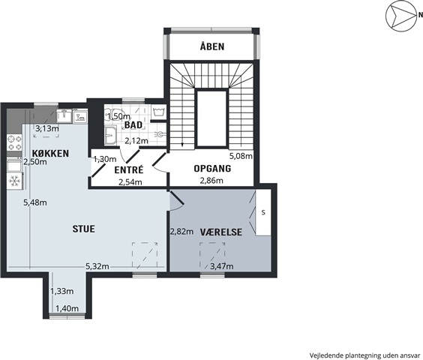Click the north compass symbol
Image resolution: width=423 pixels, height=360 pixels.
pos(401,16)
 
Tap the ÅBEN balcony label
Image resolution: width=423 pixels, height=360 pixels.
pos(212,46)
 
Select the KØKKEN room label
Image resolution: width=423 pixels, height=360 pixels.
pos(50,153)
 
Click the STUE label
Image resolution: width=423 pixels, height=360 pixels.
pos(84,229)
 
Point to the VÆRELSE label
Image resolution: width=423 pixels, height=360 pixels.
pos(221,232)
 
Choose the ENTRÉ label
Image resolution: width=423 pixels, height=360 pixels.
pos(129,169)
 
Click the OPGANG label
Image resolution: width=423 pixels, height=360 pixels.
pos(212,169)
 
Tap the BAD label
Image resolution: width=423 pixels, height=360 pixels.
pos(133,125)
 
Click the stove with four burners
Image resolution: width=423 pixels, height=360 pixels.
pos(14,142)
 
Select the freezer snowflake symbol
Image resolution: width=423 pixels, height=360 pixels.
pos(14,181)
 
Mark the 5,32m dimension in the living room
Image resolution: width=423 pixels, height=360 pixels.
pos(97,267)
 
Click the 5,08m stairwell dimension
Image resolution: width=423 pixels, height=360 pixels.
pos(241,156)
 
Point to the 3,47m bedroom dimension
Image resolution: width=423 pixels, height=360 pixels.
pos(222,267)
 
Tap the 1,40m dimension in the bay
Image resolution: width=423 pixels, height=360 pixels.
pos(67,308)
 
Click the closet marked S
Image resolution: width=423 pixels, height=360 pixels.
pos(263,212)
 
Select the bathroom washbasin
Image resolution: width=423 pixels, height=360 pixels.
pos(110,136)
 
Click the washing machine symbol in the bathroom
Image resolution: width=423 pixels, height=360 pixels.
pos(159,111)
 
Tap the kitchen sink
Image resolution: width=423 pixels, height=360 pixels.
pos(64,115)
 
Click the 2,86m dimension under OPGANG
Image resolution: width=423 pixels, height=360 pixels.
pos(211,181)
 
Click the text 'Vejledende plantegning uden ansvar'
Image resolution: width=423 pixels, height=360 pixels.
pos(365,355)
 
